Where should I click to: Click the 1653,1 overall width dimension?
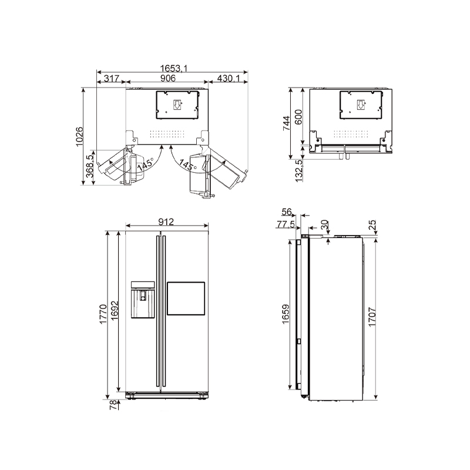(x=173, y=69)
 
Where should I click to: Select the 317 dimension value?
(x=112, y=79)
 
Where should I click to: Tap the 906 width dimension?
(x=168, y=78)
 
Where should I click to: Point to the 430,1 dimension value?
(x=229, y=79)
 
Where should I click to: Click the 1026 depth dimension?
(x=79, y=137)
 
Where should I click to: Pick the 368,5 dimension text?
(x=90, y=166)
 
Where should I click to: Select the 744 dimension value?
(x=287, y=123)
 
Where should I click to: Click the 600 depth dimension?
(x=298, y=117)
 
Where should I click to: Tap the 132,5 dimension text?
(x=299, y=171)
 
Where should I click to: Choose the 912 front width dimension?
(x=166, y=222)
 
